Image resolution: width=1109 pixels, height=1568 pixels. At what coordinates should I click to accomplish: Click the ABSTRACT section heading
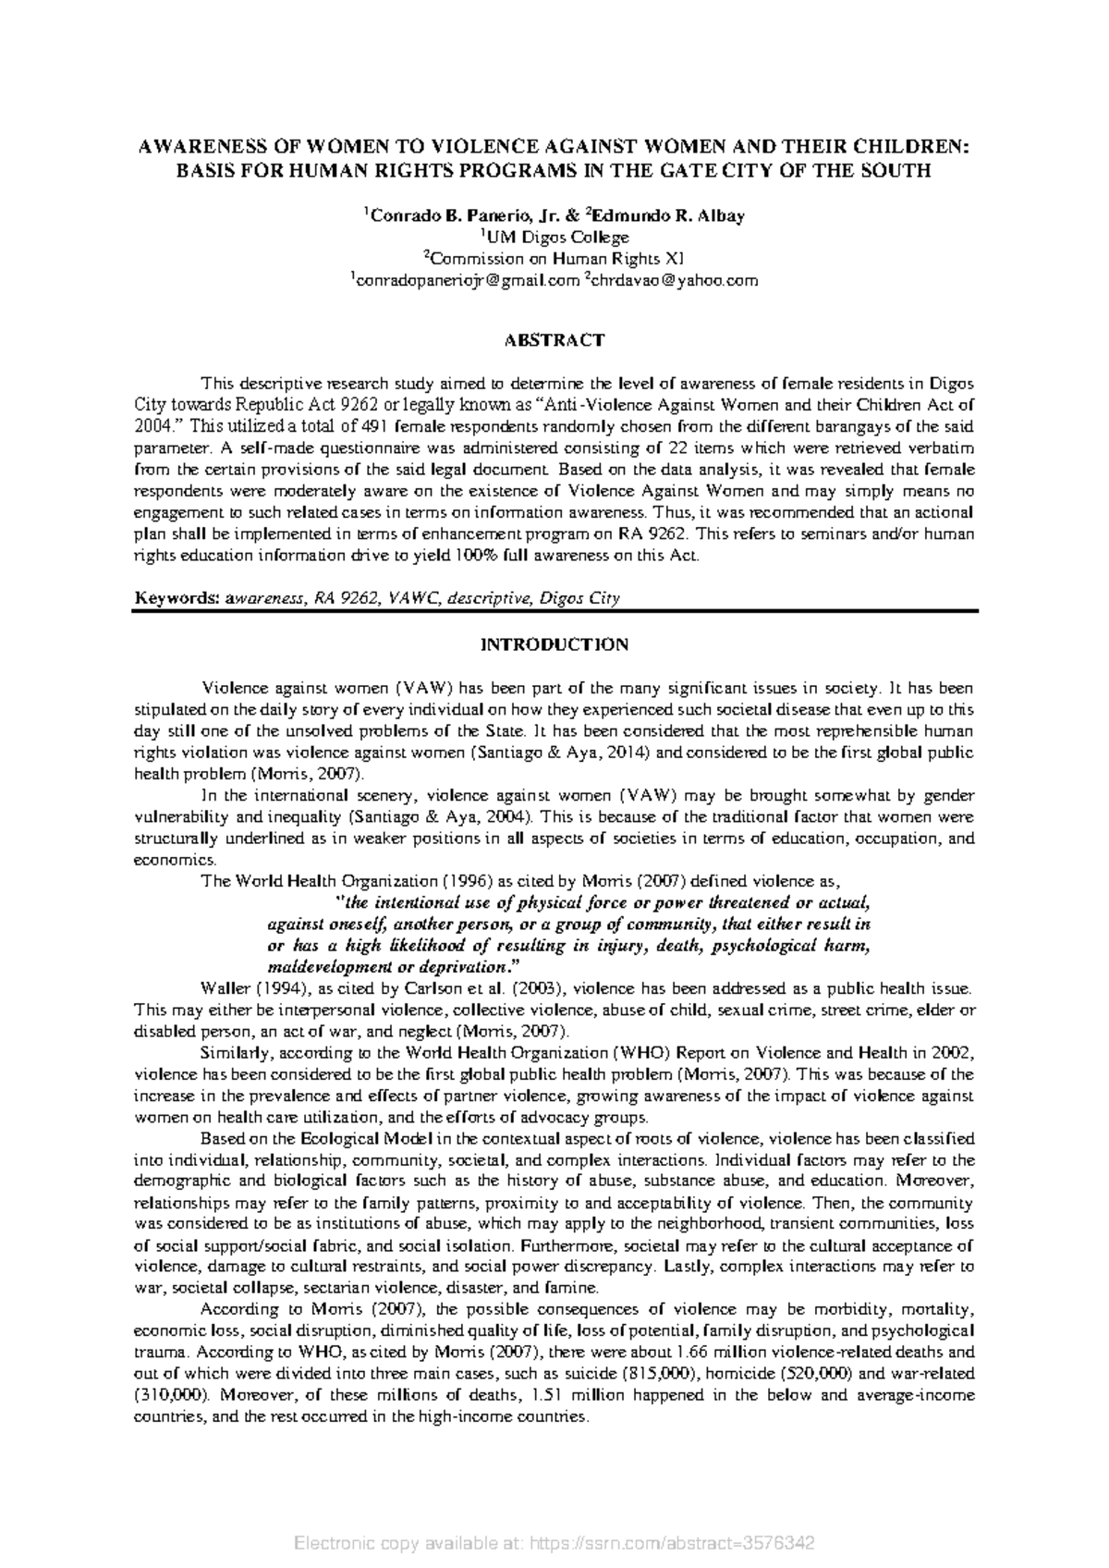[554, 340]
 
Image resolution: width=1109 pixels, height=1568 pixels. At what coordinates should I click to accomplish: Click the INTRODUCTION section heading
[554, 644]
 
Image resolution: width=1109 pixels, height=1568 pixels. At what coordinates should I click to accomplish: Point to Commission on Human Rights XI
[554, 259]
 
